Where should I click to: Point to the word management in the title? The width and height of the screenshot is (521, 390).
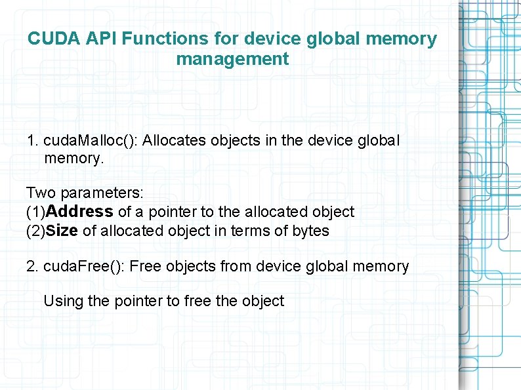pyautogui.click(x=232, y=59)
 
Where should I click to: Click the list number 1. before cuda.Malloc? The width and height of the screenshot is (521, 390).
pyautogui.click(x=33, y=140)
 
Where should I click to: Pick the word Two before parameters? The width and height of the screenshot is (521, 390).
pyautogui.click(x=41, y=193)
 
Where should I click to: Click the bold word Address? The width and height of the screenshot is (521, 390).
pyautogui.click(x=80, y=212)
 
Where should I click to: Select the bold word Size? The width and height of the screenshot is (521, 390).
pyautogui.click(x=62, y=231)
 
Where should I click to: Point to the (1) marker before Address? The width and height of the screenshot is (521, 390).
pyautogui.click(x=36, y=212)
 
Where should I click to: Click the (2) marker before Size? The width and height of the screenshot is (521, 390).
pyautogui.click(x=36, y=231)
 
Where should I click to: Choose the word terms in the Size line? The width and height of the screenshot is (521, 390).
pyautogui.click(x=252, y=231)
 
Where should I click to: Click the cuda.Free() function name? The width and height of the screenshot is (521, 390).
pyautogui.click(x=85, y=266)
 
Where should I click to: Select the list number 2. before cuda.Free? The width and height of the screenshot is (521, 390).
pyautogui.click(x=33, y=266)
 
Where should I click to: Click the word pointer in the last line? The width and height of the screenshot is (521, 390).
pyautogui.click(x=138, y=301)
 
